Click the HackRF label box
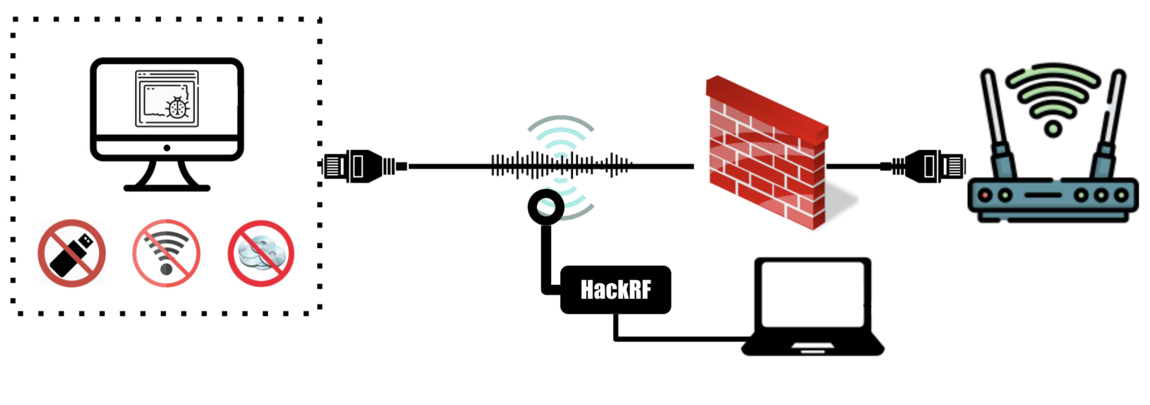[x=615, y=290]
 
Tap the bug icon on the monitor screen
[x=177, y=108]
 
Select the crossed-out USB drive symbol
[x=72, y=253]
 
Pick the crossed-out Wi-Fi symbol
[x=166, y=253]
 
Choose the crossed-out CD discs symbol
[x=261, y=253]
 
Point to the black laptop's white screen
[x=812, y=294]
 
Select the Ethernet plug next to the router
[x=930, y=166]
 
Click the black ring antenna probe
[x=546, y=207]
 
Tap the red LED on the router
[x=985, y=195]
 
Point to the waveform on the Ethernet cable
[x=562, y=166]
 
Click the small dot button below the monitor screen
[x=167, y=148]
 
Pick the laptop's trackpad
[x=812, y=346]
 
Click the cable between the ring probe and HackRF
[x=546, y=260]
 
